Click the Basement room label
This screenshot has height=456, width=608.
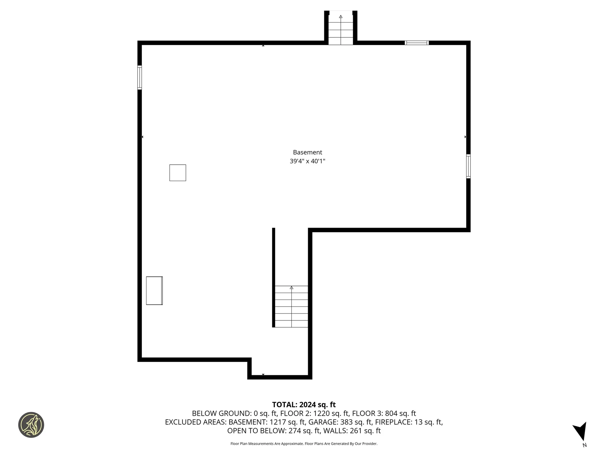click(307, 152)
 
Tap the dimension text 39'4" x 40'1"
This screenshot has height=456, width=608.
click(307, 161)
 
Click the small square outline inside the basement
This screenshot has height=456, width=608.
click(178, 173)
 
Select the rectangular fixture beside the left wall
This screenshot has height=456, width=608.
click(154, 291)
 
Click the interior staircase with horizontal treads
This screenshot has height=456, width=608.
click(291, 307)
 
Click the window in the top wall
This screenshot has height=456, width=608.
click(417, 43)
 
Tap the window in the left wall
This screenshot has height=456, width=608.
click(139, 78)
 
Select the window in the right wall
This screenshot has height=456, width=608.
click(468, 166)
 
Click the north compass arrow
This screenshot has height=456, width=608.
click(581, 431)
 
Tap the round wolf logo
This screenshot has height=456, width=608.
click(31, 425)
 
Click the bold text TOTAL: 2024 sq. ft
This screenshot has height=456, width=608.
click(304, 405)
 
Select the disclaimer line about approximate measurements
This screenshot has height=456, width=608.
click(304, 444)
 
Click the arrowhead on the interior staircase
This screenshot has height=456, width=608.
click(291, 288)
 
